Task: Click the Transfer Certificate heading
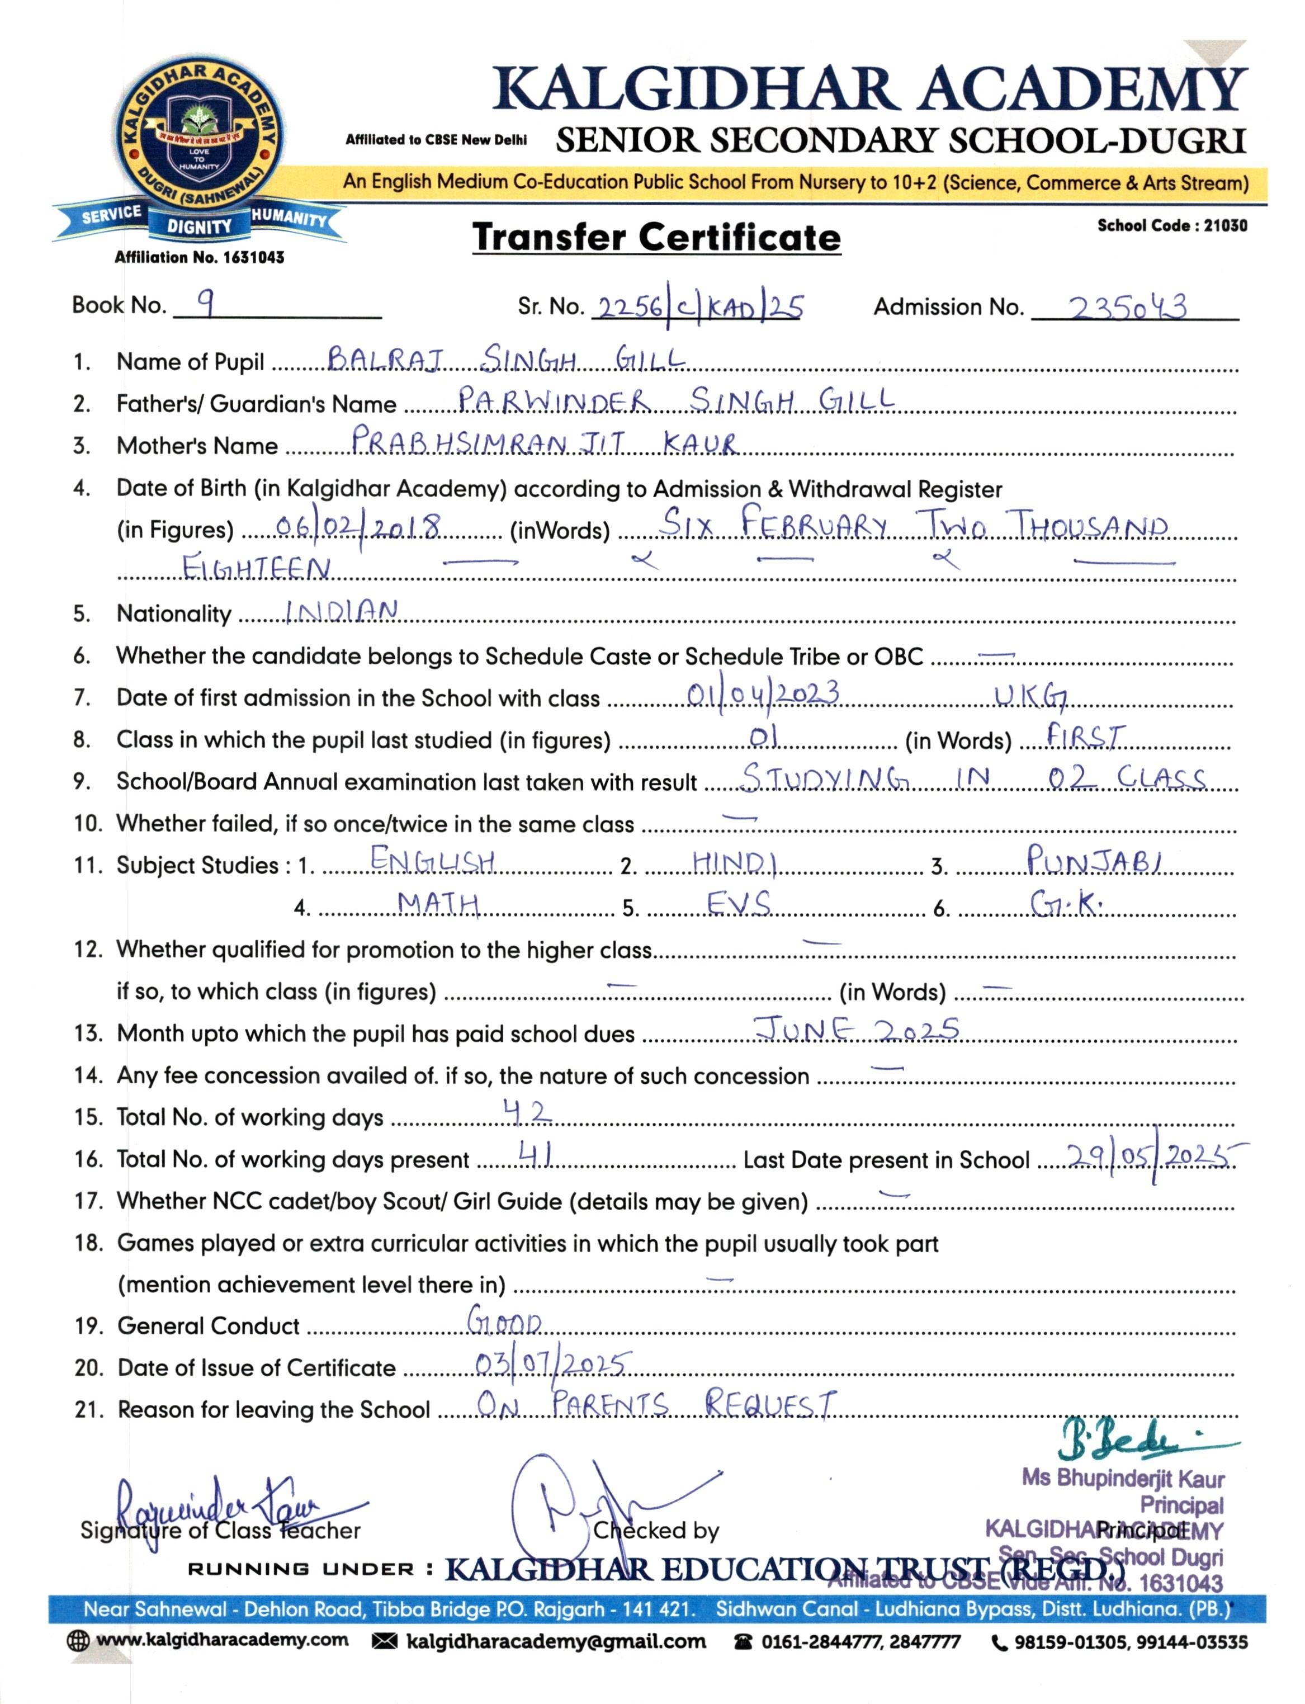click(x=656, y=237)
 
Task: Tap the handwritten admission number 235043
click(x=1128, y=308)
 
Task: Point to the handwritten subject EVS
click(x=738, y=904)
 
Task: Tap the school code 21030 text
click(x=1172, y=225)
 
